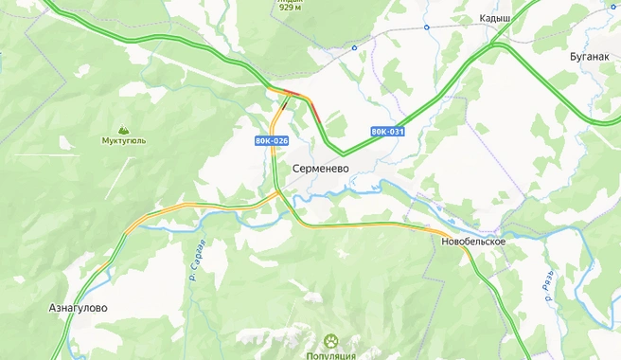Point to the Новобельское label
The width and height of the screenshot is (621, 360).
(473, 242)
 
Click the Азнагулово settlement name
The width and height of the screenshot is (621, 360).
(78, 308)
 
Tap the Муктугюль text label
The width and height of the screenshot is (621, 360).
(124, 141)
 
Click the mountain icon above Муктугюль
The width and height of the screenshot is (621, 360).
(123, 129)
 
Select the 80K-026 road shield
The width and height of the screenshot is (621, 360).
(271, 140)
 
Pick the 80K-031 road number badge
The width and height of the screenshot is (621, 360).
(388, 131)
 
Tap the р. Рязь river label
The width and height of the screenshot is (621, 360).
(550, 284)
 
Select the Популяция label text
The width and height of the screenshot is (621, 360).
(330, 355)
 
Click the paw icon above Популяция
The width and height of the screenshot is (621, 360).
(331, 340)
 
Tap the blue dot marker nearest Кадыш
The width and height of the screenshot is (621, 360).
(426, 27)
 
